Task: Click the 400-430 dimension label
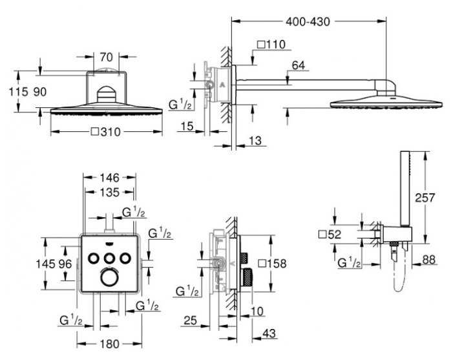point(308,22)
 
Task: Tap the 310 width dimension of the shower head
point(106,132)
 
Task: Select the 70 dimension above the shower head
point(106,57)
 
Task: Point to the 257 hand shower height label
point(425,198)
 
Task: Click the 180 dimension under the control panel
point(109,344)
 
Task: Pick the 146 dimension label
point(109,178)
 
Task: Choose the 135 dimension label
point(109,192)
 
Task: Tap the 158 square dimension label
point(272,264)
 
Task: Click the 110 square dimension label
point(271,45)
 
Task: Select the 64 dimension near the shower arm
point(299,65)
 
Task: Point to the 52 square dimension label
point(330,235)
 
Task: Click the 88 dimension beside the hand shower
point(428,259)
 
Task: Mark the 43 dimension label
point(269,333)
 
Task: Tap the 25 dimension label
point(190,320)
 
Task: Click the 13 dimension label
point(255,140)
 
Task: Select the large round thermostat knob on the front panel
point(109,277)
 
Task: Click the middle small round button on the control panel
point(109,258)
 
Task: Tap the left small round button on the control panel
point(94,258)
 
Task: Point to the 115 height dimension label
point(19,92)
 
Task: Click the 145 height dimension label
point(45,264)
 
